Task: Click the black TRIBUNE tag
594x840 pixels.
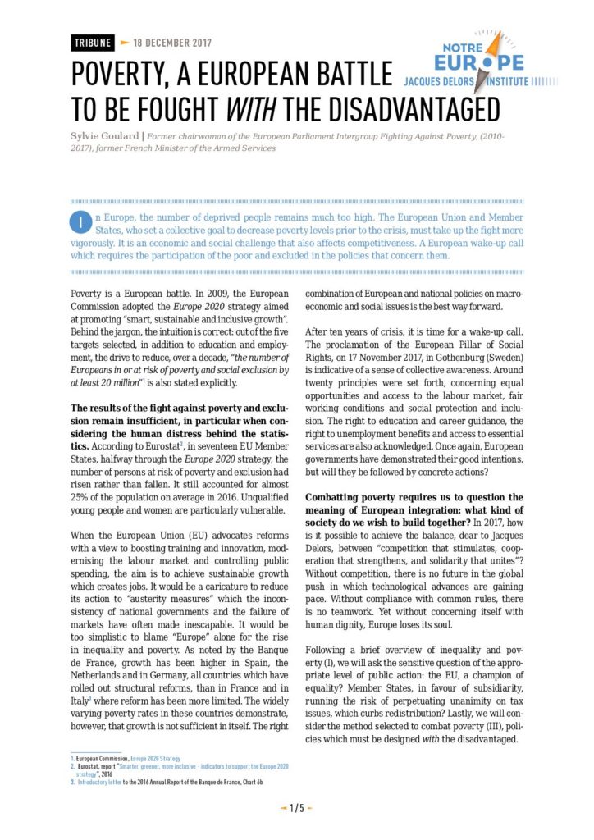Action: (91, 42)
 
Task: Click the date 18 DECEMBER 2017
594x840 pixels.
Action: (171, 42)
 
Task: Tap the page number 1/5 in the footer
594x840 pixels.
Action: (296, 808)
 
